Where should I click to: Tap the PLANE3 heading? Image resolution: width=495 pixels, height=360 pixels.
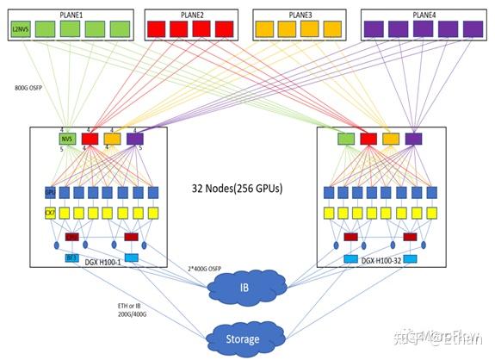(x=300, y=14)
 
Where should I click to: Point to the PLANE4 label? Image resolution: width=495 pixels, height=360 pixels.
(x=424, y=14)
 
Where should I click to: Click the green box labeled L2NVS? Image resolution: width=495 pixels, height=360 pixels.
(x=21, y=30)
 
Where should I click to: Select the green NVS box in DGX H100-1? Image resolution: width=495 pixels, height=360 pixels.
(x=67, y=138)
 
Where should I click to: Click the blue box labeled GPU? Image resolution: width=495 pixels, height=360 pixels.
(x=50, y=192)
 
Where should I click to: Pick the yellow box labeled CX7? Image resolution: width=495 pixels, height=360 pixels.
(x=50, y=212)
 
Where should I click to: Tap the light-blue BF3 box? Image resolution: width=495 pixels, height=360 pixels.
(x=71, y=258)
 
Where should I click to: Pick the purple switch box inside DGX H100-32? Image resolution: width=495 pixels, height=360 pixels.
(x=414, y=139)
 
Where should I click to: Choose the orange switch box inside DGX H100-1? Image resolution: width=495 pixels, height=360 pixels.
(x=112, y=138)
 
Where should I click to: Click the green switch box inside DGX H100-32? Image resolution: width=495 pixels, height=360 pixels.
(x=346, y=139)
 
